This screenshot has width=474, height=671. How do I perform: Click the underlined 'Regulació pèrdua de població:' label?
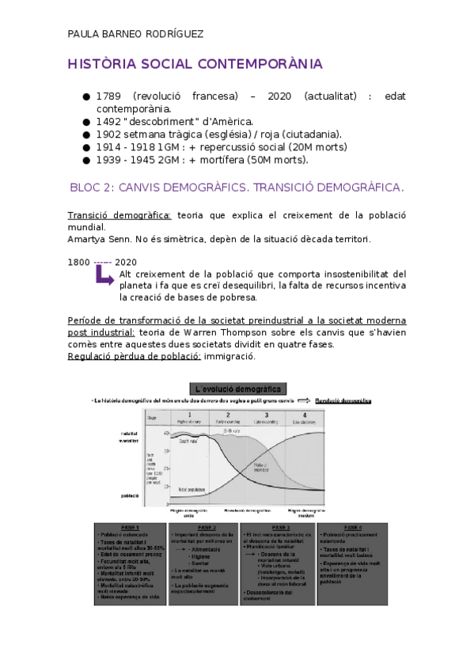pos(135,357)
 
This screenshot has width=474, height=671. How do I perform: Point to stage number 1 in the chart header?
pos(189,415)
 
